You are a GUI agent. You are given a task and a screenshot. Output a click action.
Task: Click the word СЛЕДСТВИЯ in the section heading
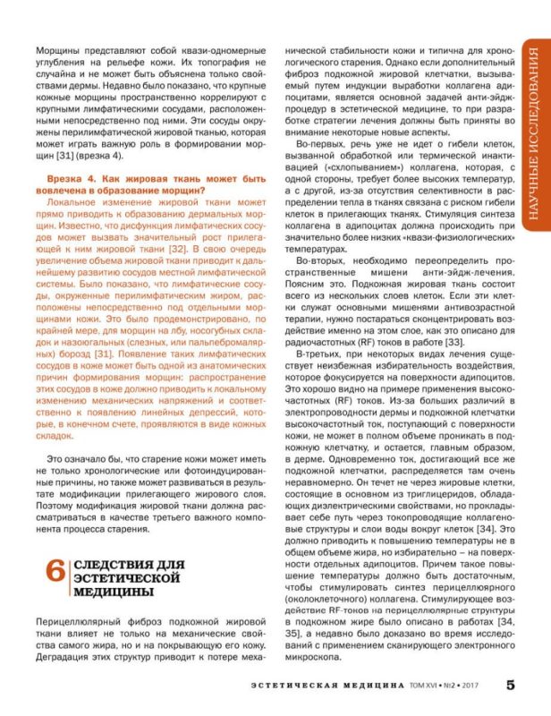[107, 566]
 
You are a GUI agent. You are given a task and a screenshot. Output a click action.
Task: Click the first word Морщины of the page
[56, 52]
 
